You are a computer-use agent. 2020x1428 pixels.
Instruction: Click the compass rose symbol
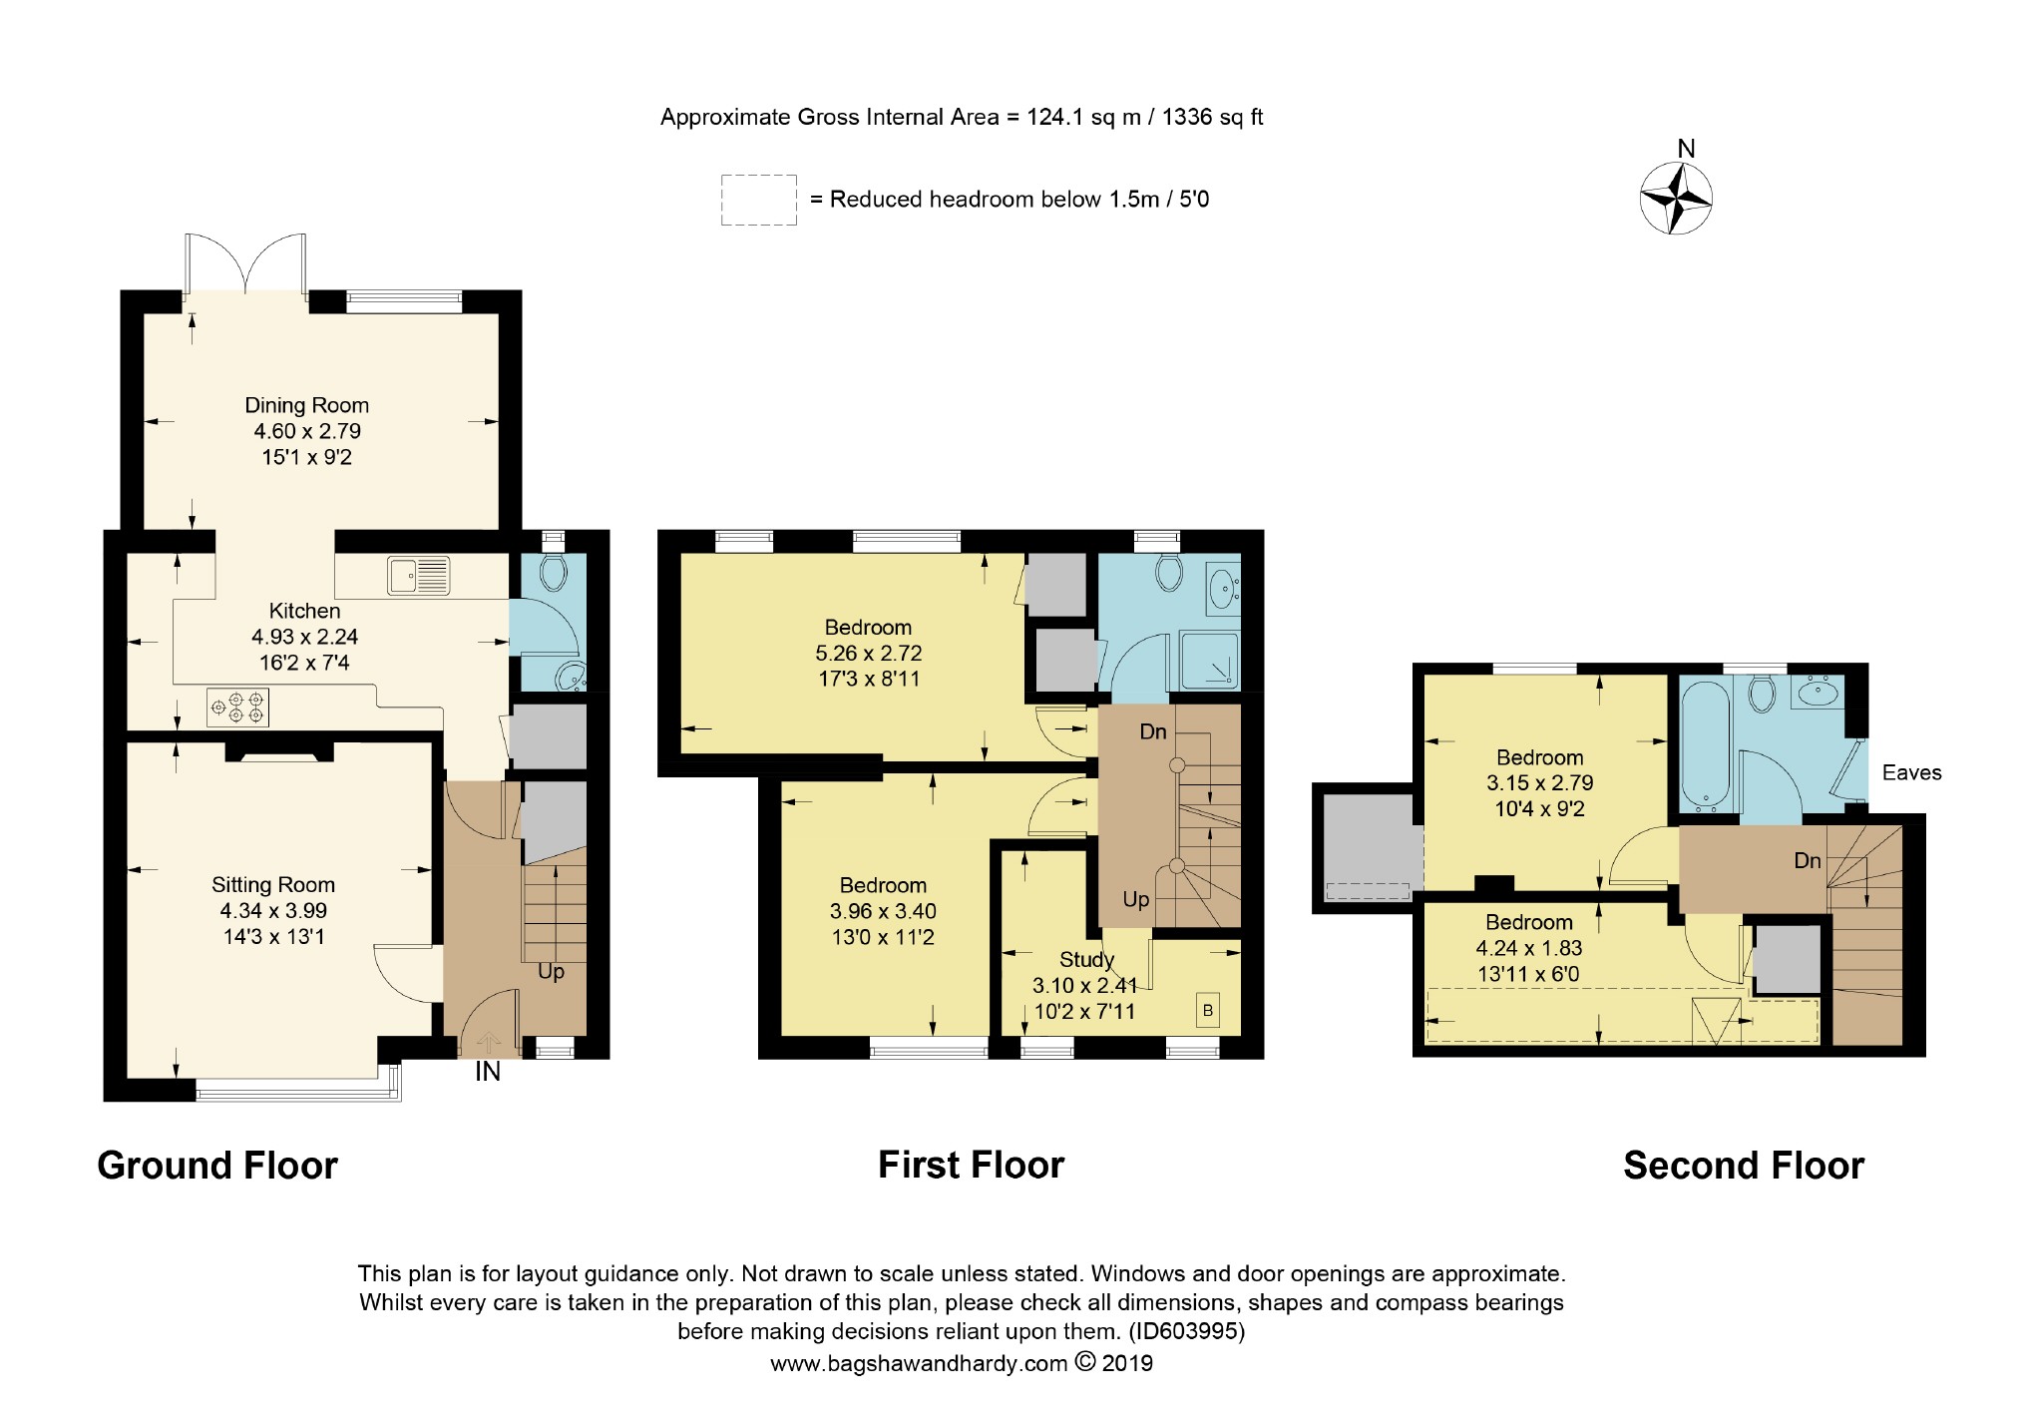pyautogui.click(x=1676, y=198)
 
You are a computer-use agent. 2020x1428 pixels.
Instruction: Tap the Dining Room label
pyautogui.click(x=307, y=405)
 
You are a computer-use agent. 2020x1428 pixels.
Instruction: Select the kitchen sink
pyautogui.click(x=420, y=576)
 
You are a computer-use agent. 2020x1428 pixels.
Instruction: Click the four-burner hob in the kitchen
pyautogui.click(x=237, y=708)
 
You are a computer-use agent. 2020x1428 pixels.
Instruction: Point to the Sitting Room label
pyautogui.click(x=273, y=884)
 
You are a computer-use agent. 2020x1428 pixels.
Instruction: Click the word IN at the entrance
pyautogui.click(x=488, y=1072)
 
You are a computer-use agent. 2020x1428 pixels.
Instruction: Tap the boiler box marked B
pyautogui.click(x=1207, y=1011)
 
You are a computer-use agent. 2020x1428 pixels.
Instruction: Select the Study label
pyautogui.click(x=1086, y=959)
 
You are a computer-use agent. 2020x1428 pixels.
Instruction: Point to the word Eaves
pyautogui.click(x=1911, y=772)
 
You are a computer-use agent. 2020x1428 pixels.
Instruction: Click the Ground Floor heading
pyautogui.click(x=217, y=1166)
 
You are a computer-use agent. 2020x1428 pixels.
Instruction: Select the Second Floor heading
pyautogui.click(x=1744, y=1166)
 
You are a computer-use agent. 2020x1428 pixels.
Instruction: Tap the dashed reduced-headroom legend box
pyautogui.click(x=759, y=200)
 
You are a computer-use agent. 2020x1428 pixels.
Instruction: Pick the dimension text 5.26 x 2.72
pyautogui.click(x=868, y=653)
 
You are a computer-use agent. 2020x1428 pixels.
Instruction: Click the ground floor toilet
pyautogui.click(x=552, y=572)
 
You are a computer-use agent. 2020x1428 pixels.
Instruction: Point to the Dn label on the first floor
pyautogui.click(x=1153, y=731)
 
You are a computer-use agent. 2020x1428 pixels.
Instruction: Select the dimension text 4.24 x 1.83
pyautogui.click(x=1529, y=948)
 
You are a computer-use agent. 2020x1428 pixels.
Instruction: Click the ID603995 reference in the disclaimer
pyautogui.click(x=1186, y=1331)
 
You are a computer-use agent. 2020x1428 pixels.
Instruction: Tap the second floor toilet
pyautogui.click(x=1762, y=695)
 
